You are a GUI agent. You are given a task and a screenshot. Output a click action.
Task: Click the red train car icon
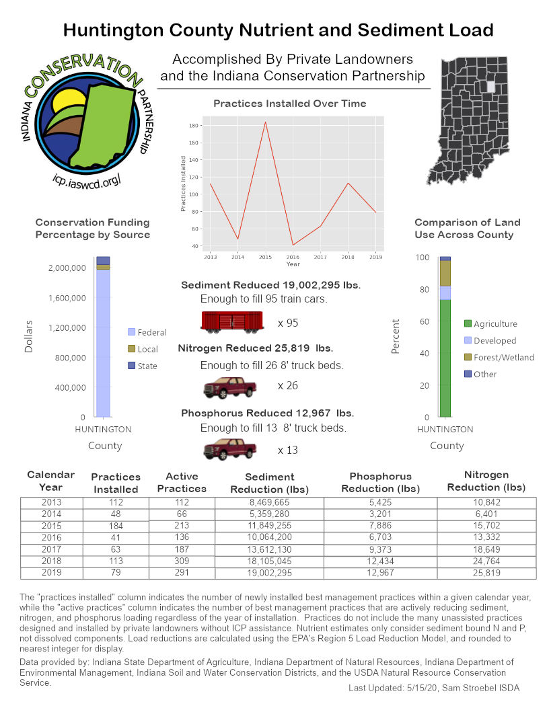231,322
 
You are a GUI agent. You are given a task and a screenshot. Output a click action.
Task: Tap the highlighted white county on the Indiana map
490,87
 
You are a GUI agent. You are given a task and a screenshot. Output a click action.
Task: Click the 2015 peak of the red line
265,122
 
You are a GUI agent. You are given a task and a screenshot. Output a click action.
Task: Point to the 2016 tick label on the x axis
293,257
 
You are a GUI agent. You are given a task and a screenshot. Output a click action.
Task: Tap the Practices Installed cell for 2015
115,526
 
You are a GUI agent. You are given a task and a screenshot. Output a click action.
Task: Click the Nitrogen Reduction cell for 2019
486,573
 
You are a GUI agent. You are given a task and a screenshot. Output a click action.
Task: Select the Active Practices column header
182,482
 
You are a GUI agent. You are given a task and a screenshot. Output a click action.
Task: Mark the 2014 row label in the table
50,514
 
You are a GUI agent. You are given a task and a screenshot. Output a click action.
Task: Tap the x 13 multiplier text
287,450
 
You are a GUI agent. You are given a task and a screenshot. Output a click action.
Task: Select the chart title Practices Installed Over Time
289,104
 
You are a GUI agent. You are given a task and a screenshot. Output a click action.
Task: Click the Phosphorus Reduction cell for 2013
380,502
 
